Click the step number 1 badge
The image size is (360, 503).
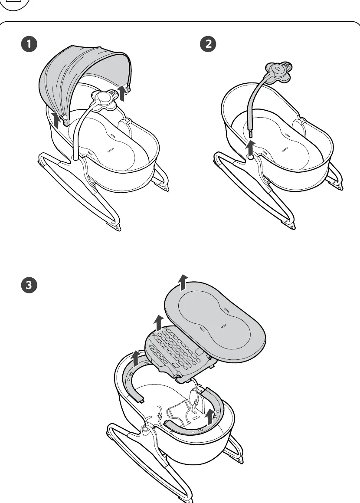click(x=29, y=44)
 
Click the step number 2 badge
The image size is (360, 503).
click(x=208, y=44)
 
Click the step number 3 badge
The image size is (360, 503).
click(x=29, y=285)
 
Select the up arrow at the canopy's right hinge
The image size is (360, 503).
click(x=122, y=93)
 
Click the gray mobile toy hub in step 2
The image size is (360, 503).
click(x=279, y=71)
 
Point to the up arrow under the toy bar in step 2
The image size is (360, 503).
click(x=251, y=148)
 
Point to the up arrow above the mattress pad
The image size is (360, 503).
click(x=183, y=282)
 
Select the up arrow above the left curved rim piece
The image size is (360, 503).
click(x=136, y=358)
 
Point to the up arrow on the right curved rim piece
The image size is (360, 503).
click(x=210, y=417)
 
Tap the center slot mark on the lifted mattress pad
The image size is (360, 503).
click(x=224, y=326)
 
